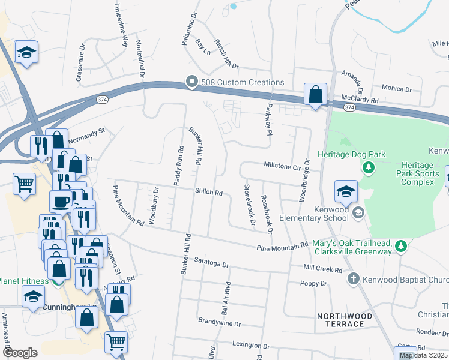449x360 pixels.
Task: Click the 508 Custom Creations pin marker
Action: (191, 82)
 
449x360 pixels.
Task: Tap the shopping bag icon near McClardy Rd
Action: (315, 95)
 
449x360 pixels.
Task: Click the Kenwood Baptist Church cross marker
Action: (354, 279)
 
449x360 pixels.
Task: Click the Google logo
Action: (20, 352)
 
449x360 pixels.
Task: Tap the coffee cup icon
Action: (60, 202)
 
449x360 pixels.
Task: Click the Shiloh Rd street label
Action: (208, 193)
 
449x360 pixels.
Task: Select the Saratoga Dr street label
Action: (212, 264)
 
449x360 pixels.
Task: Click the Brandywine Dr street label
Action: (219, 323)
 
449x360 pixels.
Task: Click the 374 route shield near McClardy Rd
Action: (349, 106)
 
